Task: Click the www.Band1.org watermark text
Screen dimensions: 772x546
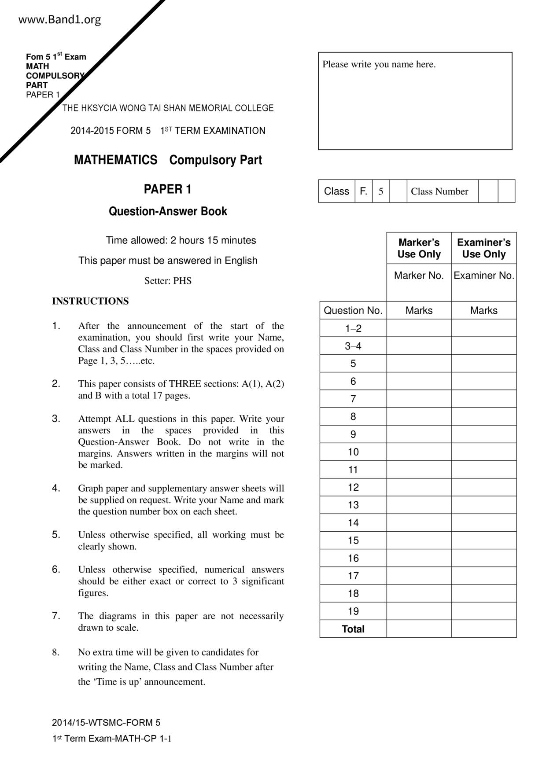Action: tap(60, 20)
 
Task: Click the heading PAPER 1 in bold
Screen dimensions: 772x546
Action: tap(167, 189)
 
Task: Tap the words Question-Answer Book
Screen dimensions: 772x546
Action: tap(168, 211)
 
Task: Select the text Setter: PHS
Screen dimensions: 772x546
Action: tap(168, 281)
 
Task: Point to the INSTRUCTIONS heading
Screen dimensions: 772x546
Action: tap(90, 301)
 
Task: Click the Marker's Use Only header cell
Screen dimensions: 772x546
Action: tap(419, 248)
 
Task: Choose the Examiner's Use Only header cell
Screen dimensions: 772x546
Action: tap(483, 248)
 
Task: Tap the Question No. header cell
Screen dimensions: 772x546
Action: tap(353, 310)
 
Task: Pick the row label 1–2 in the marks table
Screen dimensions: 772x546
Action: tap(353, 328)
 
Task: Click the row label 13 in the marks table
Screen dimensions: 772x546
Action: tap(353, 505)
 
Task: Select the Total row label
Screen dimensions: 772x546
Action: tap(353, 629)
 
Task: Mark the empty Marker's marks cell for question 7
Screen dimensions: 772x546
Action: tap(419, 399)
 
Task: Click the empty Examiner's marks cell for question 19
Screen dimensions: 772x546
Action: tap(483, 611)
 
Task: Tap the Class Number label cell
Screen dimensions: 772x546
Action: tap(439, 191)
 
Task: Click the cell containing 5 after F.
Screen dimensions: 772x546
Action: tap(381, 191)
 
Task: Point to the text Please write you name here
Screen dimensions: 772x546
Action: tap(379, 64)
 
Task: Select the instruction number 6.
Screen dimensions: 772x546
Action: tap(56, 569)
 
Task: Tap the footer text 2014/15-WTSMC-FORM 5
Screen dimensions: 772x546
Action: tap(106, 722)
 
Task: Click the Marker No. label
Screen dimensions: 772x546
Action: tap(419, 276)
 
